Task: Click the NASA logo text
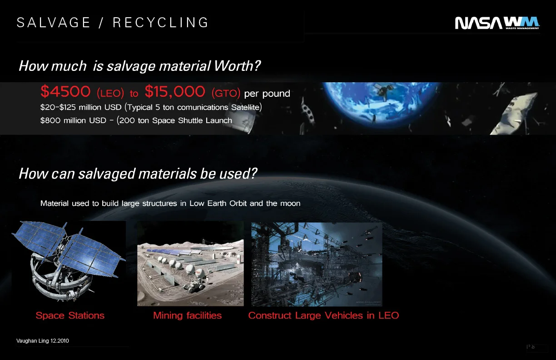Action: click(479, 23)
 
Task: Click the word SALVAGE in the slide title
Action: click(54, 23)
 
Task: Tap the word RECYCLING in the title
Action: click(161, 23)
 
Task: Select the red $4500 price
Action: click(65, 92)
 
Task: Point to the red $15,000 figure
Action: click(175, 92)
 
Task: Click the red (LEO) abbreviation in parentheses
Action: click(110, 94)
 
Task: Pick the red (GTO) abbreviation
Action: click(226, 94)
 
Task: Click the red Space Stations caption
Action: click(70, 315)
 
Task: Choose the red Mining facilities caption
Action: click(187, 315)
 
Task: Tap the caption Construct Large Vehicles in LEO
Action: click(323, 315)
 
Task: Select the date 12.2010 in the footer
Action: click(60, 341)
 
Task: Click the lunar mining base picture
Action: click(190, 264)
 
